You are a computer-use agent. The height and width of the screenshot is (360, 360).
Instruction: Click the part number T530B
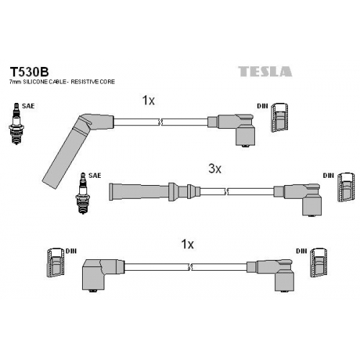coord(29,71)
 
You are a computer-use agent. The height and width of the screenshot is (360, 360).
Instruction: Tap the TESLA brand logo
coord(265,71)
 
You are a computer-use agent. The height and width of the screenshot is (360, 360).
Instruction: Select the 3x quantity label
coord(215,169)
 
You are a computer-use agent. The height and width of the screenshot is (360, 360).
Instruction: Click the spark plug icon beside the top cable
coord(17,124)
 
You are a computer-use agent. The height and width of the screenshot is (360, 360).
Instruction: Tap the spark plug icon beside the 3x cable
coord(83,193)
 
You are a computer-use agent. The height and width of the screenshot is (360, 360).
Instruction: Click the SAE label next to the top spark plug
coord(28,106)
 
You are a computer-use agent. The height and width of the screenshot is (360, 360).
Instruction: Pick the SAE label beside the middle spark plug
coord(95,176)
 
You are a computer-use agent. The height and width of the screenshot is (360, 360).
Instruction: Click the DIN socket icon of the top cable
coord(279,117)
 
